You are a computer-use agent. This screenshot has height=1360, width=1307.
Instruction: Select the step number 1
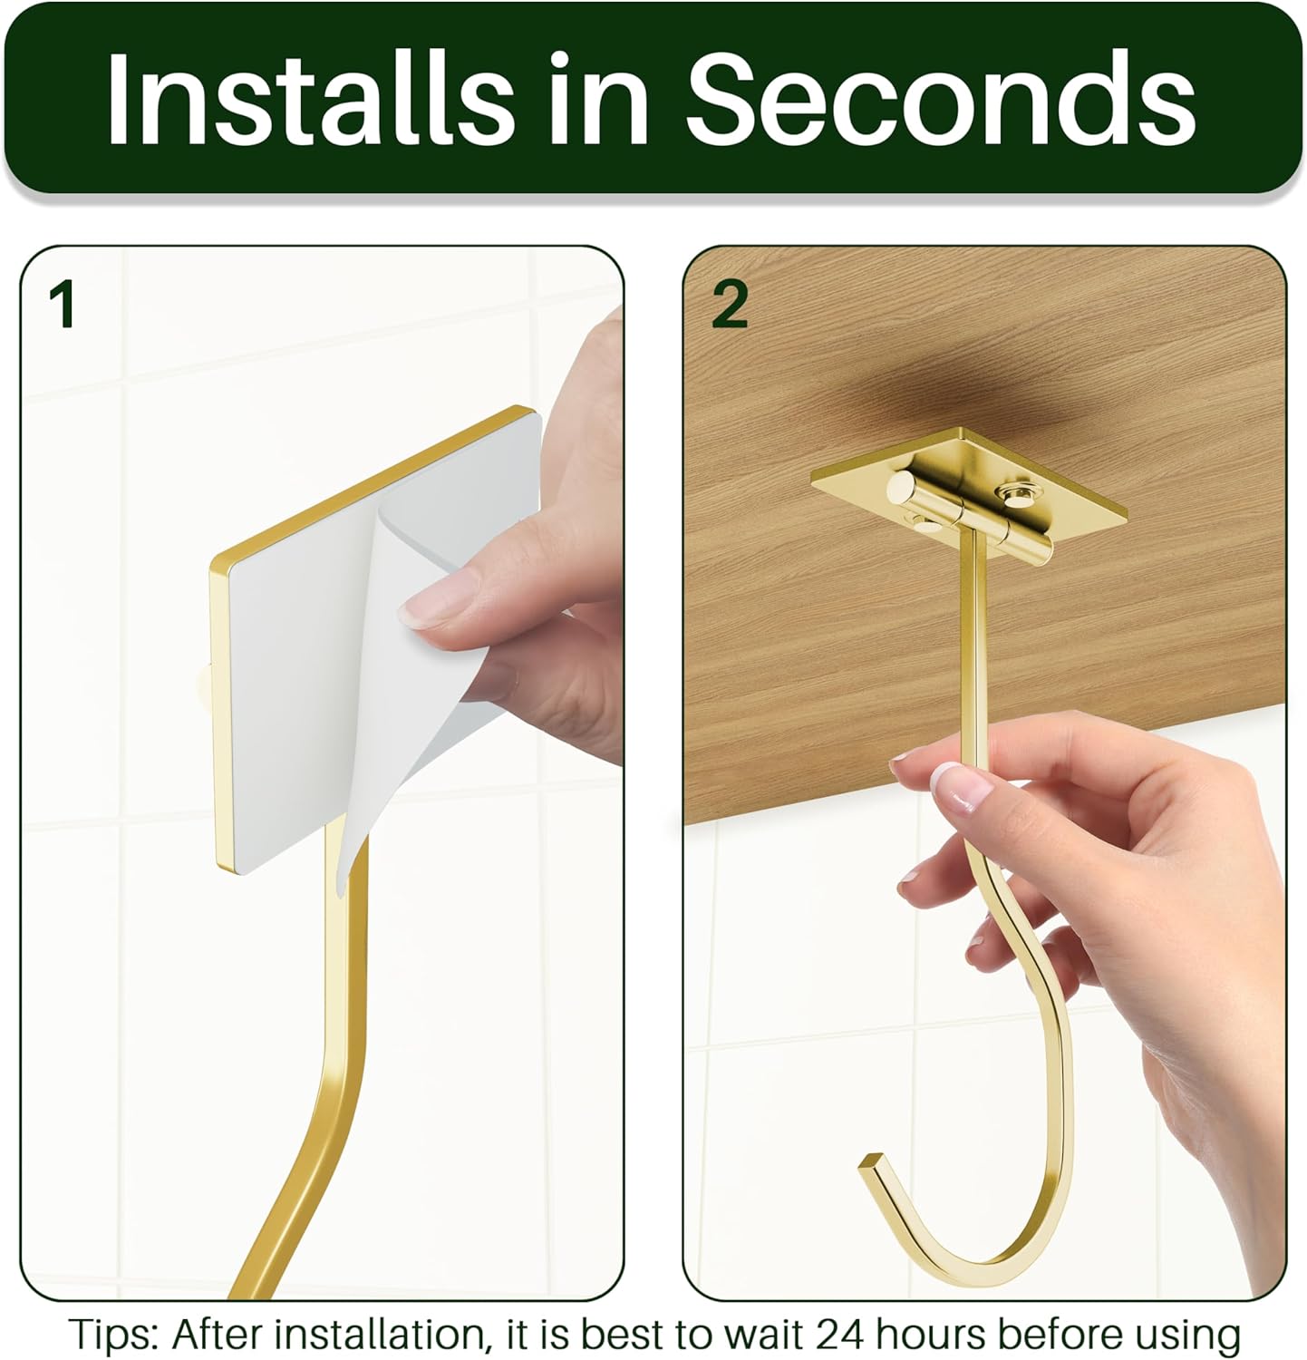[62, 305]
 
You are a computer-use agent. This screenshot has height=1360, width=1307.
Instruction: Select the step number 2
[730, 305]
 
